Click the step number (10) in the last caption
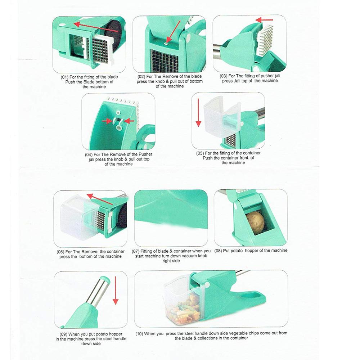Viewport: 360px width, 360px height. click(139, 334)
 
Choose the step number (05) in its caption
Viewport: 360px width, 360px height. click(201, 153)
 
